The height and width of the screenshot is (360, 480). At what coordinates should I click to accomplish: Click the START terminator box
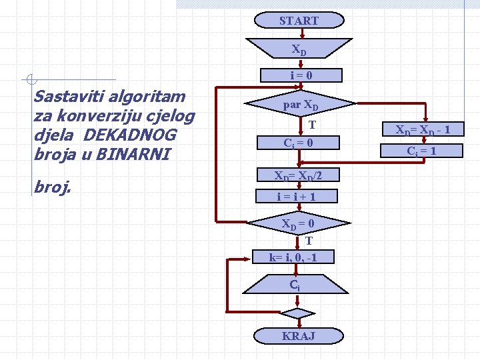point(299,21)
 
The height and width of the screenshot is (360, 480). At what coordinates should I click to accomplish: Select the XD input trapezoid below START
point(299,49)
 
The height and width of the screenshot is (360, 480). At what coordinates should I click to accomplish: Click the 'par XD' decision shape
point(301,105)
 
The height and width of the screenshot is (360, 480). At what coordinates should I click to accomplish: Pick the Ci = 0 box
point(298,143)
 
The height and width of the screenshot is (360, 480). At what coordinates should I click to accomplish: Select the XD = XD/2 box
point(298,175)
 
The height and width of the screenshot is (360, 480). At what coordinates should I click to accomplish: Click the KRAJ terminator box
point(298,335)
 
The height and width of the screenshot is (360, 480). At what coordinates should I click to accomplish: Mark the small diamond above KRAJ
point(297,313)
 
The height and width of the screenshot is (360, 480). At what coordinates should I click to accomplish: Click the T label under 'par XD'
point(311,125)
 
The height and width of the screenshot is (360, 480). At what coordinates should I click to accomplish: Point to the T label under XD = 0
point(309,241)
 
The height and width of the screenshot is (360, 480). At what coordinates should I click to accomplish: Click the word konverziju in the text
point(91,116)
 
